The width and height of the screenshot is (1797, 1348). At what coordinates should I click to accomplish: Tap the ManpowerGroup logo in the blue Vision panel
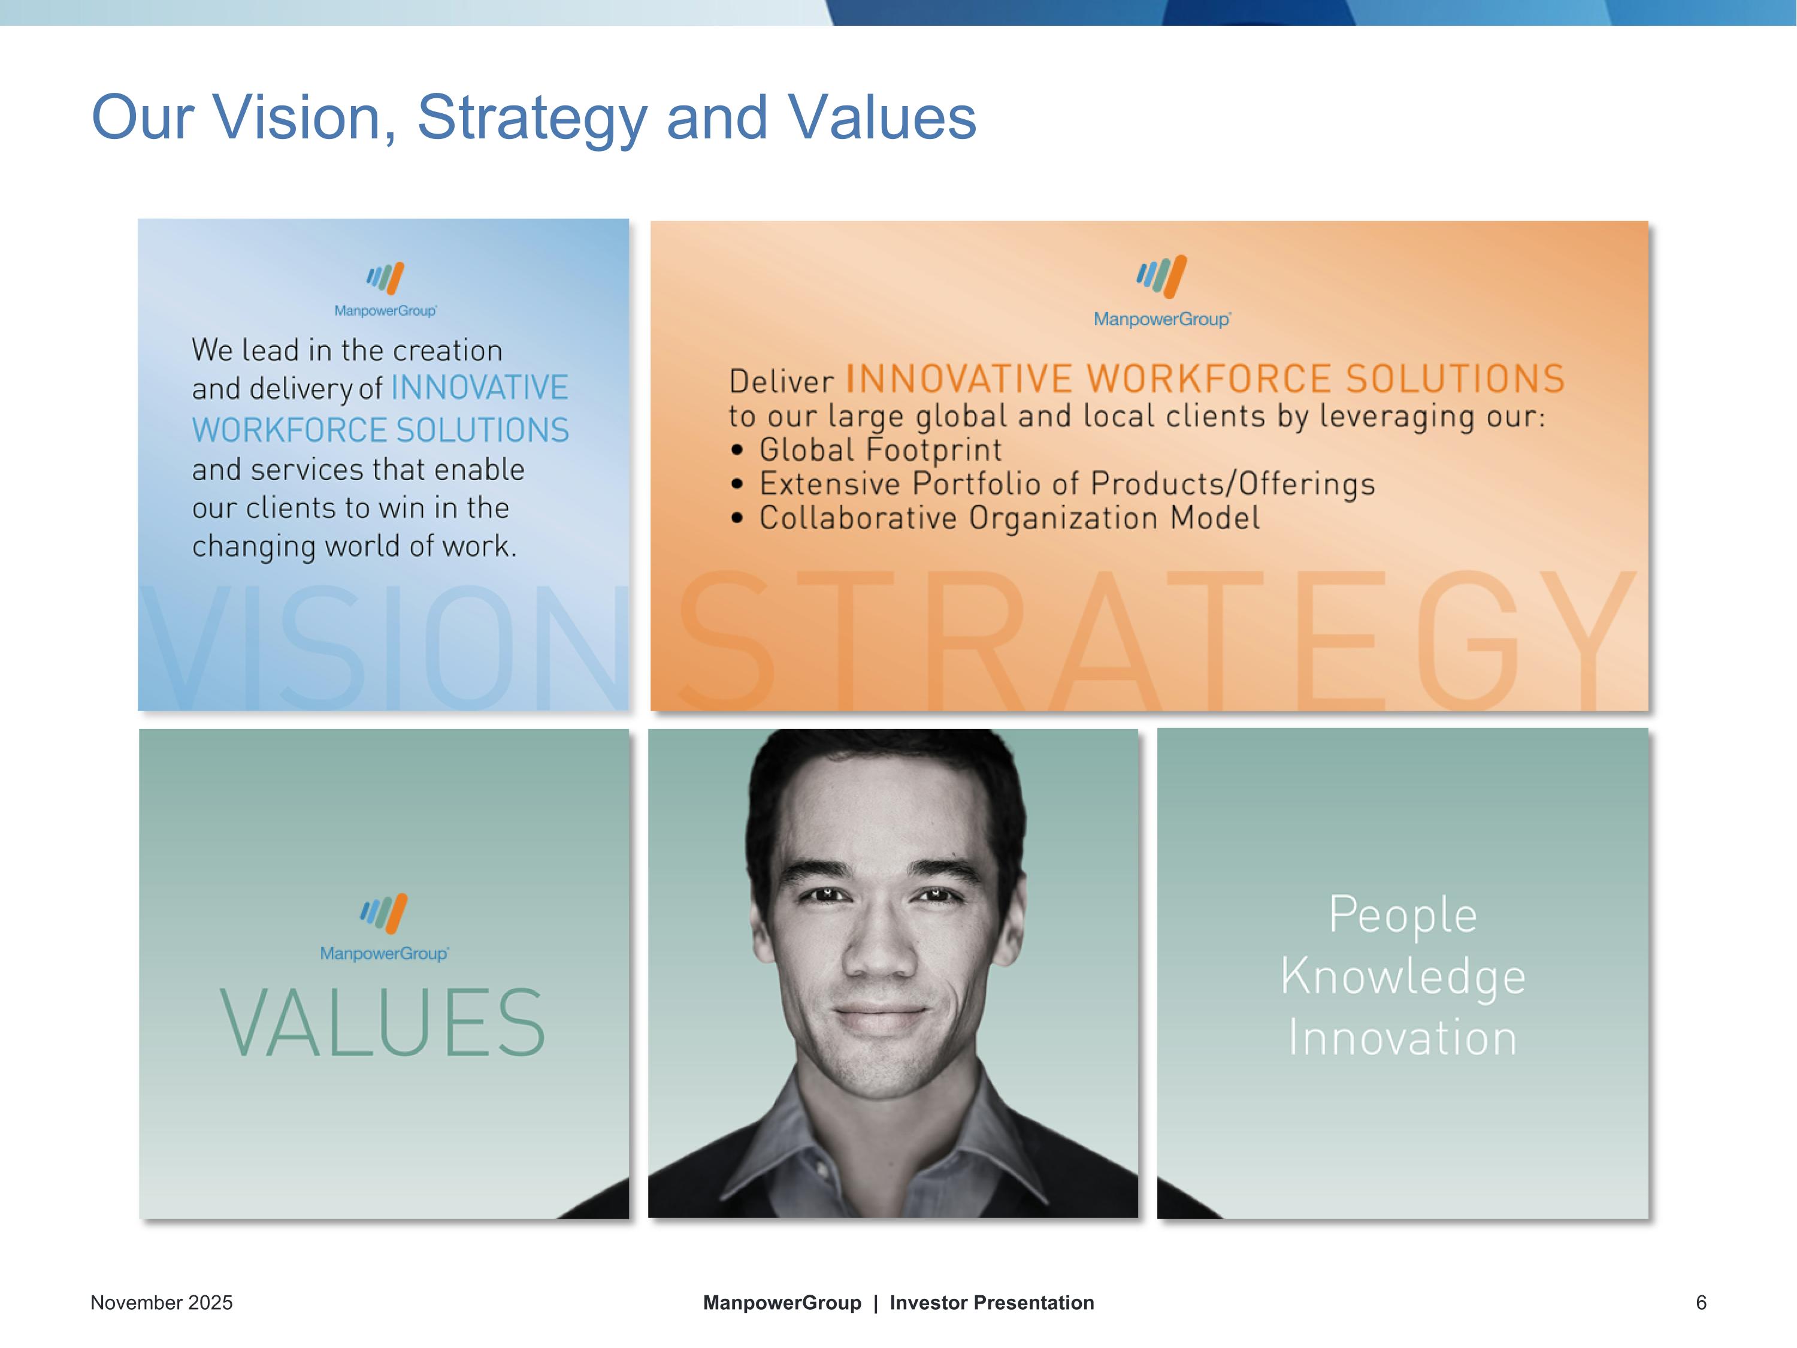(385, 288)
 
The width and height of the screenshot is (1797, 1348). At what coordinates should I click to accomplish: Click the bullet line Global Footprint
(880, 449)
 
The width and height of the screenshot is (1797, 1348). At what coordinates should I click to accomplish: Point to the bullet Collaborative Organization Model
(1009, 518)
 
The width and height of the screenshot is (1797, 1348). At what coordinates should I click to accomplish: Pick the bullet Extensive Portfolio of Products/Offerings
(1067, 483)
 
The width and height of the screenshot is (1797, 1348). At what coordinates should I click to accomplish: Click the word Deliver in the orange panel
(780, 381)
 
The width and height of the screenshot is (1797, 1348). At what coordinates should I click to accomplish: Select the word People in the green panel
(1403, 915)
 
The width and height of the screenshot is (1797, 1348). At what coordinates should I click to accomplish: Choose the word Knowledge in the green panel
(1403, 976)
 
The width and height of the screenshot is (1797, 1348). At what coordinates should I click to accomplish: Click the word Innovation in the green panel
(1403, 1038)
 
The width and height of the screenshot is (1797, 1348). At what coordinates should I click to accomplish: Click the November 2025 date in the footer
(161, 1302)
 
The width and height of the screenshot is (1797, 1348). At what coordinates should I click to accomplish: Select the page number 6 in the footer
(1701, 1302)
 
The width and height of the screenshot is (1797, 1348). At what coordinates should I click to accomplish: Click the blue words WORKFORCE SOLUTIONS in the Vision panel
(380, 430)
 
